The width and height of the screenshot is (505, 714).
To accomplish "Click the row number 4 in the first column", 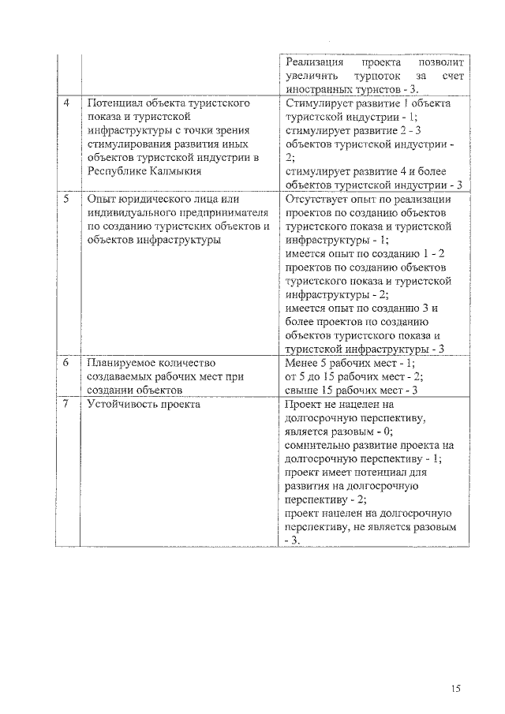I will pos(67,103).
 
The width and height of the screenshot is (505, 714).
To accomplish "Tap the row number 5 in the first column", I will pos(67,200).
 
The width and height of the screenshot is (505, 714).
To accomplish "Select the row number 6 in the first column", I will pos(67,363).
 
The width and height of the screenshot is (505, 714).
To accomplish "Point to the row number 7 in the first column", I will pos(67,404).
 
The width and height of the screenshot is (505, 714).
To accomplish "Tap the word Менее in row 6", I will pos(303,363).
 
